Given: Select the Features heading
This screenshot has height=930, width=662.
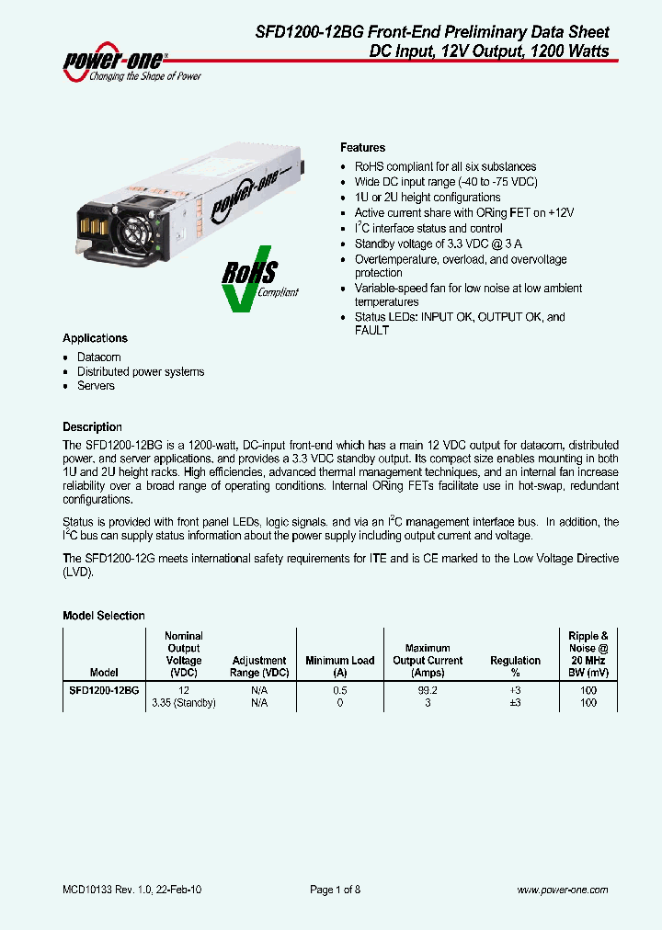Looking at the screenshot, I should tap(362, 147).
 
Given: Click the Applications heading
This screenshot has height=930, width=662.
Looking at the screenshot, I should tap(95, 338).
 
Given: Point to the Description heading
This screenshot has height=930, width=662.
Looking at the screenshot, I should tap(92, 426).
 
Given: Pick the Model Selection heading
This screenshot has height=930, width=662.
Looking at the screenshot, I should tap(103, 616).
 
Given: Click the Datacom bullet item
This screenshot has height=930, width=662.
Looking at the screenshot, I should tap(98, 357).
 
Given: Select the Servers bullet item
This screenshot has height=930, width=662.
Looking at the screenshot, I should tap(96, 386).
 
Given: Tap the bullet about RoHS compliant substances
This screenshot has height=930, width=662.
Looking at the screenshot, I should tap(445, 166).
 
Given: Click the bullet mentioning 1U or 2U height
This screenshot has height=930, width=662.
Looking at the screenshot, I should tap(428, 198).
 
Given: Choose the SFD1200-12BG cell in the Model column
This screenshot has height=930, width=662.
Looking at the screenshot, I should tap(104, 688).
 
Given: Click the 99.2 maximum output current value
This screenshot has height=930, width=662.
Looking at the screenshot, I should tap(428, 688).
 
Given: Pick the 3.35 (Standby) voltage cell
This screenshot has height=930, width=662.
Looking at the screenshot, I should tap(183, 702).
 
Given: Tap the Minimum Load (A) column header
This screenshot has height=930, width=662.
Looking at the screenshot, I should tap(340, 666).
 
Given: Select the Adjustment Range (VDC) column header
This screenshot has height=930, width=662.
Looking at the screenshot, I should tap(259, 666).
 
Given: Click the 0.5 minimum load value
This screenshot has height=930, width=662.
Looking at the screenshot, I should tap(340, 688).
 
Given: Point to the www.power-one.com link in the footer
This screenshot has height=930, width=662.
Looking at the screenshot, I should tap(563, 890).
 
